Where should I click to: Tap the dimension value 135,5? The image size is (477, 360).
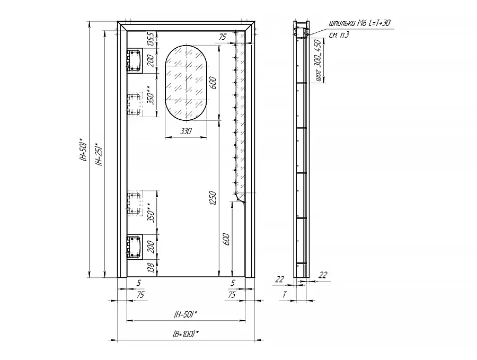coord(151,40)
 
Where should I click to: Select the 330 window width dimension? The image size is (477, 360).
coord(186,131)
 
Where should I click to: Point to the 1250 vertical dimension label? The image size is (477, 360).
coord(213,198)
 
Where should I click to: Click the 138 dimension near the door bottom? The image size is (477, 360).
coord(151,268)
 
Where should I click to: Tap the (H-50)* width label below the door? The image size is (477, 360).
coord(185,314)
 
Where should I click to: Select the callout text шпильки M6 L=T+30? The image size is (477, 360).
coord(360,23)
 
